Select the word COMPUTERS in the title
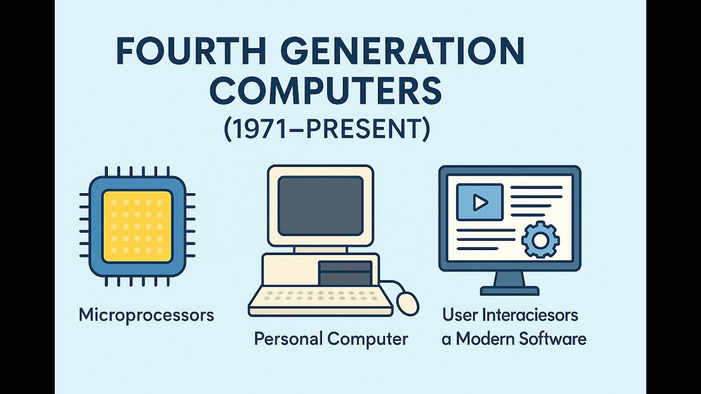click(325, 91)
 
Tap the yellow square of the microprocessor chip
click(137, 226)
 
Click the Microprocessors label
click(146, 315)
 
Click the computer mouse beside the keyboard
click(407, 303)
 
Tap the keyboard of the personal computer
click(320, 298)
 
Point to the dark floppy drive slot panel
click(345, 273)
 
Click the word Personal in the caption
click(289, 339)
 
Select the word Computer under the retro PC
click(368, 339)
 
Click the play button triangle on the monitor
click(480, 202)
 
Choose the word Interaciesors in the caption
click(530, 315)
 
